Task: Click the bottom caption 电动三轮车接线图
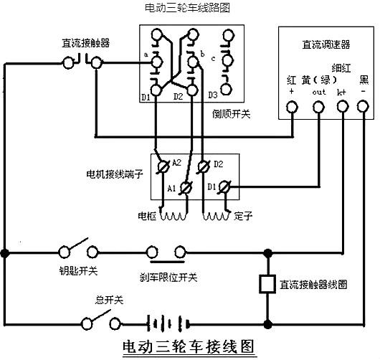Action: click(189, 346)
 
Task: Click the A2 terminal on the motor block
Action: click(163, 165)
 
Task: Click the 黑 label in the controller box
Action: click(364, 77)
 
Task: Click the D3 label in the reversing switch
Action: click(213, 95)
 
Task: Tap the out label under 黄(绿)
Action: click(319, 92)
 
